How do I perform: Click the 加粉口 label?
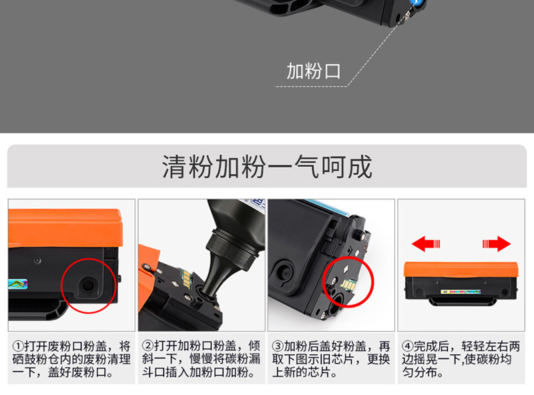click(x=313, y=71)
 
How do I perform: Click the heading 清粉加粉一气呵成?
click(x=267, y=167)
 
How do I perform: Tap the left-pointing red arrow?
click(x=426, y=244)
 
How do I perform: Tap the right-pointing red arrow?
click(x=497, y=244)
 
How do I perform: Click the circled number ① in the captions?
click(x=18, y=346)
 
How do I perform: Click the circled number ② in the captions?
click(x=148, y=346)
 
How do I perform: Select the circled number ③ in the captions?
click(x=278, y=346)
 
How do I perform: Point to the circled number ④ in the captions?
click(x=407, y=346)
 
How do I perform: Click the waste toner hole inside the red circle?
click(x=88, y=285)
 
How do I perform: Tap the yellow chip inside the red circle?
click(x=348, y=284)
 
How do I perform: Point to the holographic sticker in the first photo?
click(x=18, y=284)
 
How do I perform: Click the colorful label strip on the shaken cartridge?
click(x=461, y=292)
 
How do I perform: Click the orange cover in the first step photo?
click(x=65, y=228)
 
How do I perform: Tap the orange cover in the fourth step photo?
click(x=461, y=270)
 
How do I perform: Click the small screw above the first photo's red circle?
click(x=37, y=261)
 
